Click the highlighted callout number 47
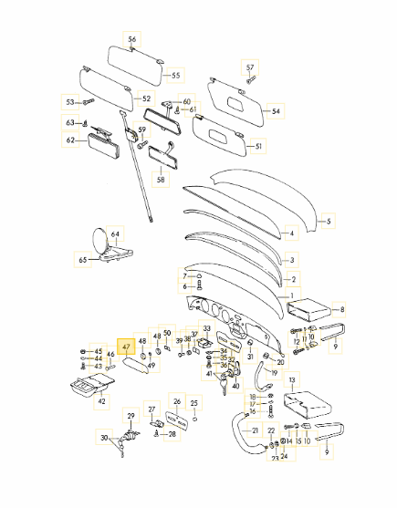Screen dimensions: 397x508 [126, 347]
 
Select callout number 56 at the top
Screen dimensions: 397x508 [132, 39]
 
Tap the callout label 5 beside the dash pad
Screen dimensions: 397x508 [329, 222]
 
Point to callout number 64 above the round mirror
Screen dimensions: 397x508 [115, 233]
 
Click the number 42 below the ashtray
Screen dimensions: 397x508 [102, 401]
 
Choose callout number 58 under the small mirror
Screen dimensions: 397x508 [161, 179]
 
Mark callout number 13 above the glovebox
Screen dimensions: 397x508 [292, 379]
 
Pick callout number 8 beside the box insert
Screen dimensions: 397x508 [342, 310]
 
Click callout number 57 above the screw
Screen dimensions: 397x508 [250, 67]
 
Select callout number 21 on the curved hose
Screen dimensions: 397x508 [256, 430]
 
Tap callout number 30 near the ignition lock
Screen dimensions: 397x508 [104, 438]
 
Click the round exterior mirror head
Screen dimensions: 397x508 [99, 240]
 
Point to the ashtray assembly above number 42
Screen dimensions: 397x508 [91, 385]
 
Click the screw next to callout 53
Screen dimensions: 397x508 [88, 102]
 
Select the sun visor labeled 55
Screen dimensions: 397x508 [134, 66]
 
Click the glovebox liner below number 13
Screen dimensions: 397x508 [308, 405]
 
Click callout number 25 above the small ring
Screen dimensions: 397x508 [193, 403]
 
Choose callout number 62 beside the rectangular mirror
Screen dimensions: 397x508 [70, 140]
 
